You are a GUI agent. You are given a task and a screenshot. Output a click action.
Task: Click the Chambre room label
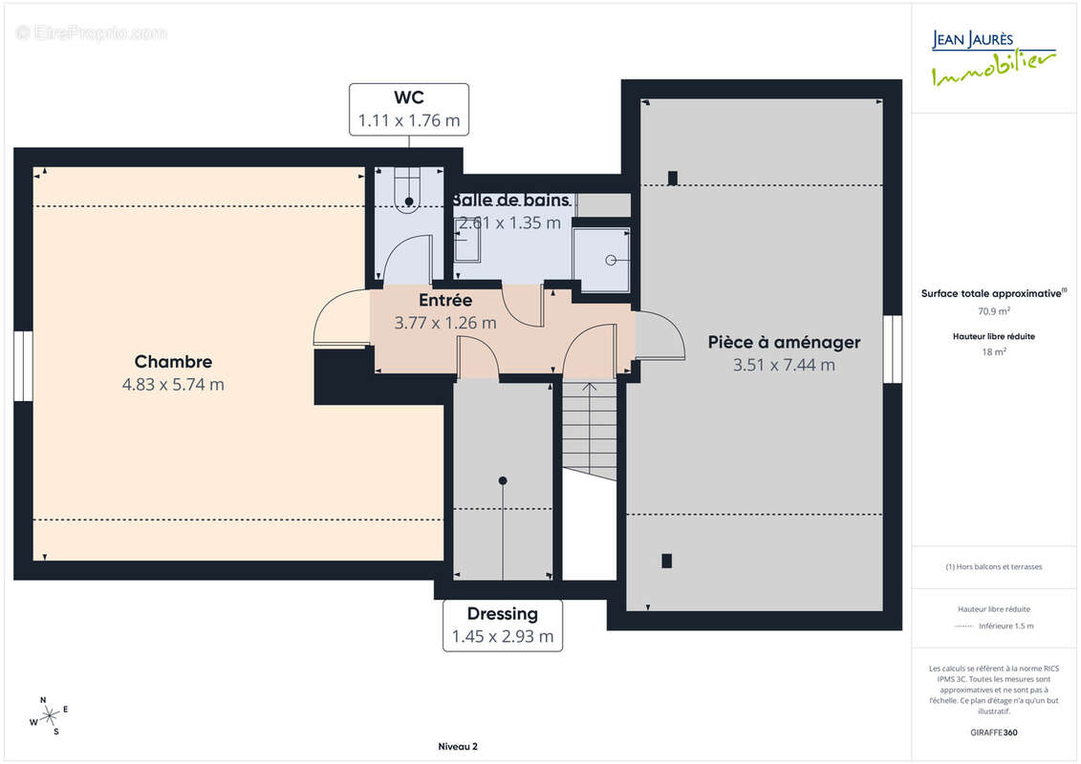tap(173, 362)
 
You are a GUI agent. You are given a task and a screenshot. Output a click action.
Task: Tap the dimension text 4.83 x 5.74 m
tap(173, 385)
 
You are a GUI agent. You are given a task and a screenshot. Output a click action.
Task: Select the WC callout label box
tap(409, 110)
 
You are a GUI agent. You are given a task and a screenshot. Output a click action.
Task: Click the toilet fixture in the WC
tap(407, 189)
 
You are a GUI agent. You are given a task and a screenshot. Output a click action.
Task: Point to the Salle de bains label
tap(510, 201)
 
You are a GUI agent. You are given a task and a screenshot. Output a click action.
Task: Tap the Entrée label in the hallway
tap(445, 301)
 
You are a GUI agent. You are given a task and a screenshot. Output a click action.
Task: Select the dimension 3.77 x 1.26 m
tap(445, 323)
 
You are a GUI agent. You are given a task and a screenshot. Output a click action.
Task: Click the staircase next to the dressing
tap(590, 431)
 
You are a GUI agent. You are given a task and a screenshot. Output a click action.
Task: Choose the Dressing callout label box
tap(503, 626)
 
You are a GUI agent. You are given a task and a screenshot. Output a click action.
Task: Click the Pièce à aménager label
tap(784, 343)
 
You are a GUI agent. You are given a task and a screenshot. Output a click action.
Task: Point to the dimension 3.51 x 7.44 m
tap(784, 365)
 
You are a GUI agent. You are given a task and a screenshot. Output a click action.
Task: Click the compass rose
tap(49, 716)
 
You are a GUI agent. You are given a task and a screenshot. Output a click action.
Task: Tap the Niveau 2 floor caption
tap(458, 747)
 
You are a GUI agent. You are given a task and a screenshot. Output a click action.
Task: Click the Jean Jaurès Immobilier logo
tap(993, 58)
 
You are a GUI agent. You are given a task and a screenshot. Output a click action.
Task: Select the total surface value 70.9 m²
tap(993, 311)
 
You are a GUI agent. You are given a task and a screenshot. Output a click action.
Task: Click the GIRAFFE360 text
tap(993, 732)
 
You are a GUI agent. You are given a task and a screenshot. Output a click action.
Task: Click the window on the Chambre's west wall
tap(24, 366)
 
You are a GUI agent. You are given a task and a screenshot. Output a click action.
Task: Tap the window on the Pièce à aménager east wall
tap(893, 349)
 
